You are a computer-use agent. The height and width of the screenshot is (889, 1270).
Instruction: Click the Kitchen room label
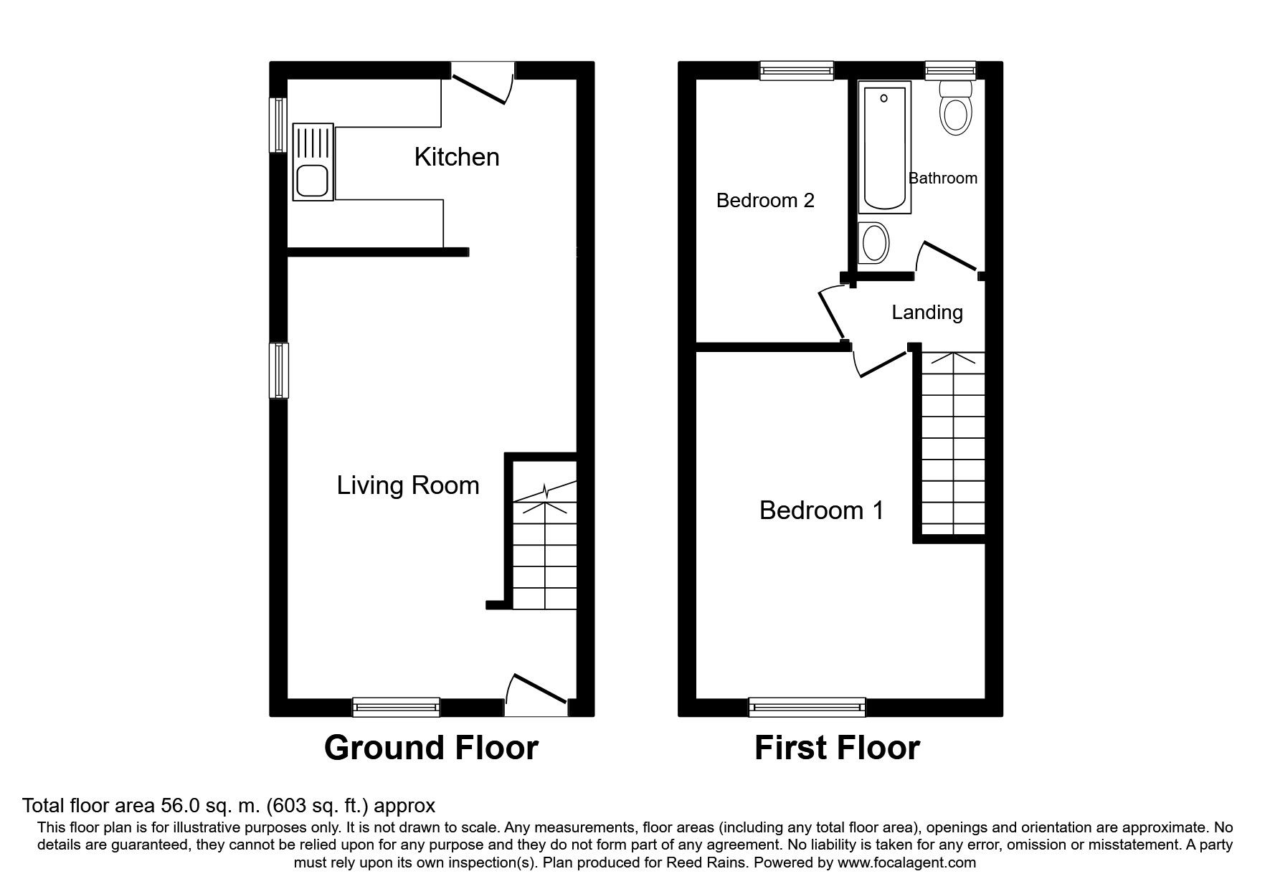pyautogui.click(x=457, y=157)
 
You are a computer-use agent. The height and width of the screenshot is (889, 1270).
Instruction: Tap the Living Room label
pyautogui.click(x=408, y=485)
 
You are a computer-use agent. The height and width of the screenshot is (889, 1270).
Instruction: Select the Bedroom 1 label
pyautogui.click(x=821, y=510)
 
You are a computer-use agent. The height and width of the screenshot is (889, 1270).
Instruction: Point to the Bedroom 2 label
pyautogui.click(x=765, y=200)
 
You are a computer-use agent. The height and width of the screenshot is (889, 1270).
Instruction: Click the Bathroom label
pyautogui.click(x=943, y=178)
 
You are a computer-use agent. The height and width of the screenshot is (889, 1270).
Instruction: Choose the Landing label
pyautogui.click(x=927, y=313)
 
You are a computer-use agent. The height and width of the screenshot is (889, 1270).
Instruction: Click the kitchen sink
pyautogui.click(x=313, y=161)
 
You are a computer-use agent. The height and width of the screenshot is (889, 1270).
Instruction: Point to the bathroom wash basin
pyautogui.click(x=874, y=242)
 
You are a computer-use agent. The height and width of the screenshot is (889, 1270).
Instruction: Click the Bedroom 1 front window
pyautogui.click(x=807, y=707)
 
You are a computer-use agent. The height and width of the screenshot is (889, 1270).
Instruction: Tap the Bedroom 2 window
pyautogui.click(x=797, y=70)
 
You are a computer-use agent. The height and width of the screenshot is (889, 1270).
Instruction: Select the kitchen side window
pyautogui.click(x=278, y=125)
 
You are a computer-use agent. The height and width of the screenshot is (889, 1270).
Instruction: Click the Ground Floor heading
pyautogui.click(x=431, y=748)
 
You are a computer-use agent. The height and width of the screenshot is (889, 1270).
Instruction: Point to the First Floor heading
pyautogui.click(x=837, y=748)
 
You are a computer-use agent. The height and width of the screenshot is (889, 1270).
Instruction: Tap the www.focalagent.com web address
pyautogui.click(x=906, y=862)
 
